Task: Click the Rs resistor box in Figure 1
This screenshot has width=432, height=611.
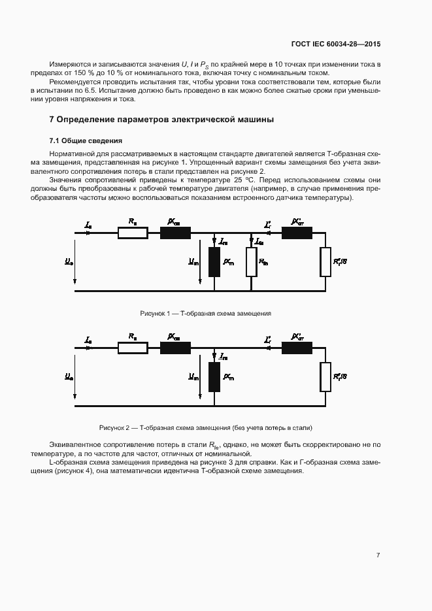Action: (x=133, y=233)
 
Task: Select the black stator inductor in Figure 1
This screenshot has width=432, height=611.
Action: (x=176, y=233)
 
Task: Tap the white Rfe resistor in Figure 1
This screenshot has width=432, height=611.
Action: (x=251, y=262)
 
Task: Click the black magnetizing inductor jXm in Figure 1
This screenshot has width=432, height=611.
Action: (x=214, y=262)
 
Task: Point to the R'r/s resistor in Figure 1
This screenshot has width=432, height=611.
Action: (x=325, y=262)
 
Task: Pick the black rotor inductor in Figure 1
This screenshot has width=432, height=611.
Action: (x=297, y=233)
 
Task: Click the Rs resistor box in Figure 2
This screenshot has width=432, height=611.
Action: (x=133, y=348)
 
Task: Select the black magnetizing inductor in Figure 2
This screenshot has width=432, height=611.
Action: (x=214, y=376)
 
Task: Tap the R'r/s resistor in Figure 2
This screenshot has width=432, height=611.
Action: (x=325, y=376)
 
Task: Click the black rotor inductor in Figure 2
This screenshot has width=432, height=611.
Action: (x=297, y=348)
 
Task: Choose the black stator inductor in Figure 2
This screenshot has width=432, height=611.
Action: (x=176, y=348)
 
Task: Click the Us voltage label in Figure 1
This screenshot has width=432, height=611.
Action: (x=69, y=261)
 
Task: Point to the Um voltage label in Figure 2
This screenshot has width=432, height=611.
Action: (x=193, y=376)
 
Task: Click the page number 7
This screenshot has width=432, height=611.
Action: (x=378, y=555)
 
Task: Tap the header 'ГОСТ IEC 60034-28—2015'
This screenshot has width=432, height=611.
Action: (x=335, y=44)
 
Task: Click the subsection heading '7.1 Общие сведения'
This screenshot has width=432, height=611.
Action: (x=86, y=140)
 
